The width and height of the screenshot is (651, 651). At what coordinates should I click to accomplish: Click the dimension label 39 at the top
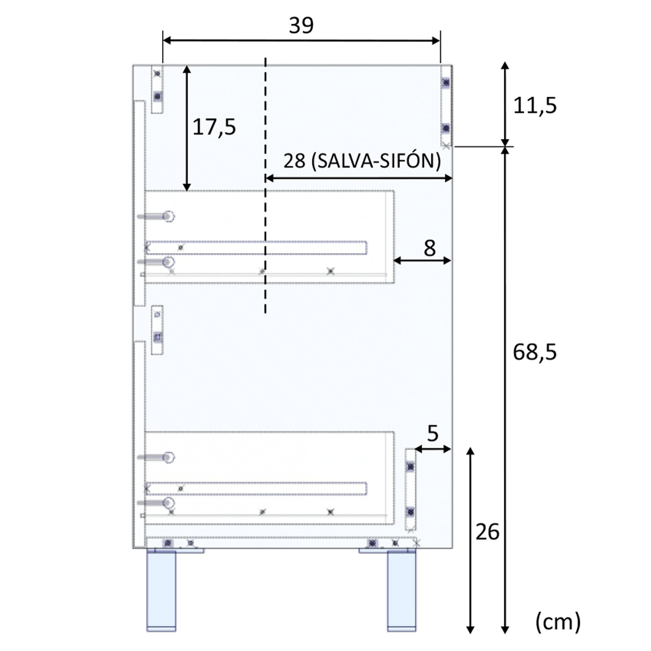(x=301, y=26)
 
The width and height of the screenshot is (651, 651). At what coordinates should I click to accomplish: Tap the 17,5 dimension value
(x=214, y=127)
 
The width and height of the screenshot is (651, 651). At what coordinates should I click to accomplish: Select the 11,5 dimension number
(x=535, y=105)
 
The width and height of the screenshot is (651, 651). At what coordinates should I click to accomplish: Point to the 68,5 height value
(x=535, y=352)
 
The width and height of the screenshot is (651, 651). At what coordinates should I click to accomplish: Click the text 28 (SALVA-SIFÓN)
(x=362, y=161)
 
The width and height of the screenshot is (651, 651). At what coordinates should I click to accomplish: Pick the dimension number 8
(x=429, y=249)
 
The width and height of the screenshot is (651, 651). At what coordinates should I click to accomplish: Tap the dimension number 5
(x=433, y=434)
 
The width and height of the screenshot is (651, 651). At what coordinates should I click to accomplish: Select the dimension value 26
(x=487, y=532)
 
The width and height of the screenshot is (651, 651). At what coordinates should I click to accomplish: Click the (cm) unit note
(x=558, y=622)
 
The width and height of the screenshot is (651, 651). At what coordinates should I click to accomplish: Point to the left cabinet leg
(x=161, y=590)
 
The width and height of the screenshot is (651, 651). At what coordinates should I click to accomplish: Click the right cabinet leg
(x=401, y=590)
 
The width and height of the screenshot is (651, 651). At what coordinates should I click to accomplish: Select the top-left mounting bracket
(x=157, y=89)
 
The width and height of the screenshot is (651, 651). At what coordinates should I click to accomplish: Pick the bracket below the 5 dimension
(x=410, y=489)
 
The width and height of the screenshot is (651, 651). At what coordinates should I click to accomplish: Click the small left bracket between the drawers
(x=157, y=330)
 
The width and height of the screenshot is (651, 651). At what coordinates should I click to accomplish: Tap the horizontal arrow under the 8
(x=422, y=260)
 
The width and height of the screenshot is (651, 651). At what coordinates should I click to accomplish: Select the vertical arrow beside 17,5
(x=187, y=128)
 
